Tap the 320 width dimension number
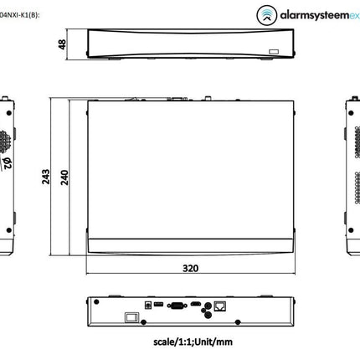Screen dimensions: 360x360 (192, 270)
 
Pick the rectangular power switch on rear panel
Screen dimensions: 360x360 (129, 317)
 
